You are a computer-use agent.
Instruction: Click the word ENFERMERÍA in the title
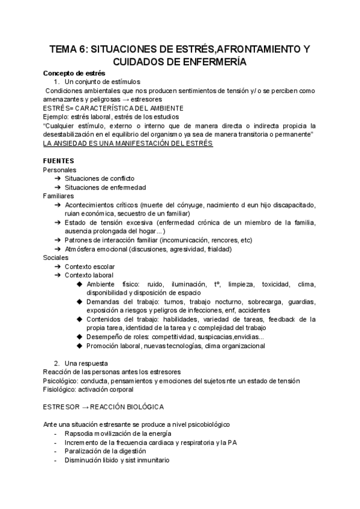(209, 61)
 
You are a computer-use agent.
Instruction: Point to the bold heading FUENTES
(59, 161)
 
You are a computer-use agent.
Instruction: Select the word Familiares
(59, 196)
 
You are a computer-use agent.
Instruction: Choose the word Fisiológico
(61, 390)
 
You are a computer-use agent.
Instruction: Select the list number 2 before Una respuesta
(56, 363)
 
